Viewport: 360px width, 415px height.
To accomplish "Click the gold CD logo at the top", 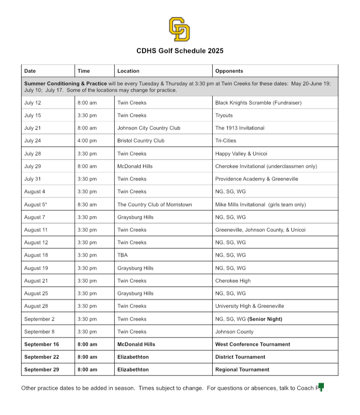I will (x=179, y=29).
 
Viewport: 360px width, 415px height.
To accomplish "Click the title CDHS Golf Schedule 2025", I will (x=180, y=51).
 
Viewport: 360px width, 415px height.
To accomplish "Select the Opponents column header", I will (x=229, y=71).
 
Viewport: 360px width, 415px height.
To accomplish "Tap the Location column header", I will (x=128, y=71).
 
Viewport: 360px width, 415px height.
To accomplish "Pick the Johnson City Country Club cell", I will (x=149, y=128).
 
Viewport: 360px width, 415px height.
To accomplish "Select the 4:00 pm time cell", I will (x=87, y=141).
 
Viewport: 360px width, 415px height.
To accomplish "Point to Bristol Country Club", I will (x=141, y=141).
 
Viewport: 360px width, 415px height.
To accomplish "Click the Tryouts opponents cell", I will (x=224, y=115).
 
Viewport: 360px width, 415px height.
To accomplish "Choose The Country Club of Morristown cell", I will (x=154, y=204).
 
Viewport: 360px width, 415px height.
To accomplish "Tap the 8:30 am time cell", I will (x=87, y=204).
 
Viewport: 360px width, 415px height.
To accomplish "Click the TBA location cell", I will (x=123, y=255).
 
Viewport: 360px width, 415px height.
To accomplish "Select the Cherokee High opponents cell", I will (x=233, y=281).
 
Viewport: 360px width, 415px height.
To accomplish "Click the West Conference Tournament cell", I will (x=253, y=344).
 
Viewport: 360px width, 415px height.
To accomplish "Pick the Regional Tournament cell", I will (x=242, y=370).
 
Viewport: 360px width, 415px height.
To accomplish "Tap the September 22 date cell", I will (x=41, y=357).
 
